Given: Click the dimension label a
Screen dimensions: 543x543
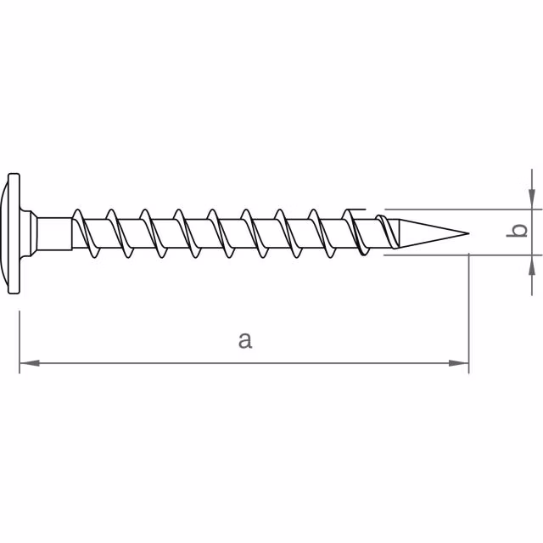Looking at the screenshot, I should click(244, 340).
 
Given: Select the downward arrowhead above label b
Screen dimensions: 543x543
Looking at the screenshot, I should click(531, 199).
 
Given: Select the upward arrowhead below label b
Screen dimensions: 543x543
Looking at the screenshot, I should click(531, 263).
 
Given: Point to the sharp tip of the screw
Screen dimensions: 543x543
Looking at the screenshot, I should click(467, 232).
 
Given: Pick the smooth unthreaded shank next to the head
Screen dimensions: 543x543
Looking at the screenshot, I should click(55, 232).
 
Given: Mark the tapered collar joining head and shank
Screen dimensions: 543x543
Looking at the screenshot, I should click(32, 232).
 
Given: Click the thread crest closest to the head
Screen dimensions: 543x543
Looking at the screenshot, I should click(79, 212).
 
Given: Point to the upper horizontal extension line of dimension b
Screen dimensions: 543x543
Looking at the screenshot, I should click(458, 209).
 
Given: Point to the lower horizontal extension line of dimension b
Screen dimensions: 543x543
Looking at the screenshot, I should click(458, 254).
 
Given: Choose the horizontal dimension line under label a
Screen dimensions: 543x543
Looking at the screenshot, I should click(170, 364).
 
